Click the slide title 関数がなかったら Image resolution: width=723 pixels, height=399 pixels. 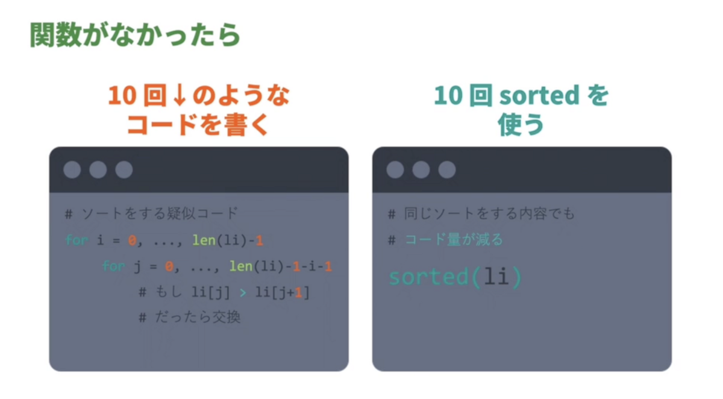click(135, 36)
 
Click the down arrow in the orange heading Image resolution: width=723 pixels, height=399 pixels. click(172, 96)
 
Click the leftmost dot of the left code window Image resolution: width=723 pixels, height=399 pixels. click(72, 170)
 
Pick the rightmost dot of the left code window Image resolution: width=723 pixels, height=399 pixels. click(124, 170)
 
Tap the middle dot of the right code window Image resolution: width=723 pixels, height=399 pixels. click(421, 170)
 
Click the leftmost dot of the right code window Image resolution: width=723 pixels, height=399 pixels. click(395, 170)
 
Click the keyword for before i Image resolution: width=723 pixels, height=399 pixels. click(77, 240)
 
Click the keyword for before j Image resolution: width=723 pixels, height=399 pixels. click(113, 266)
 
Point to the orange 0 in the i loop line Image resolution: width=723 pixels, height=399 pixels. click(131, 240)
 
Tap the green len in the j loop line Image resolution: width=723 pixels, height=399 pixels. click(240, 266)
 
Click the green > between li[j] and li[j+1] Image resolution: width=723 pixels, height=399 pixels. click(243, 292)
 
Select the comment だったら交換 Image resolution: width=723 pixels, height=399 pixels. click(196, 318)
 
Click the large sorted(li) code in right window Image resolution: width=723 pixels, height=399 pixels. click(455, 277)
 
